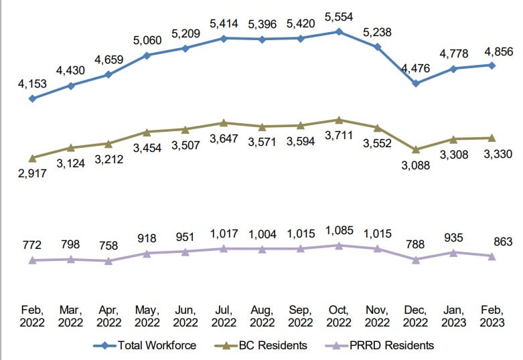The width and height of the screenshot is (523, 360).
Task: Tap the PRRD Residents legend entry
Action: click(x=382, y=345)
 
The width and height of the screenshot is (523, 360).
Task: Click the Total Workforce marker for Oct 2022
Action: click(x=339, y=31)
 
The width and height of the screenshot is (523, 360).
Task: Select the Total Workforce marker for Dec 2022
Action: click(x=416, y=84)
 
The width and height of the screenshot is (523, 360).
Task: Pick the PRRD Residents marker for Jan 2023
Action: click(x=454, y=252)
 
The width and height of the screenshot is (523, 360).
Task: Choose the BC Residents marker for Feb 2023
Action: click(x=492, y=138)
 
